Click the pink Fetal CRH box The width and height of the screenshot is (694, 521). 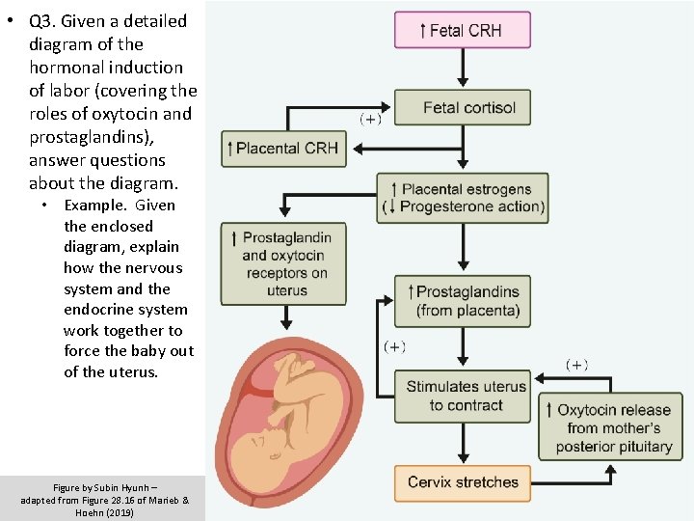pos(462,30)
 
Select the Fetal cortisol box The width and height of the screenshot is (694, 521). pos(462,108)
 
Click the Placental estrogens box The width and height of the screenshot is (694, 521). pos(462,198)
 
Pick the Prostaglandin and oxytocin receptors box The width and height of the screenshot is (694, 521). pos(286,263)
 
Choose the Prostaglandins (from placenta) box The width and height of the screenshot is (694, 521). pos(462,300)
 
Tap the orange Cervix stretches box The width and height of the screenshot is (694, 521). pos(462,482)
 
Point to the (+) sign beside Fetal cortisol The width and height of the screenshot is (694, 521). pos(370,120)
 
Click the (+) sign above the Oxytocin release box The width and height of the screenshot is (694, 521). pos(575,365)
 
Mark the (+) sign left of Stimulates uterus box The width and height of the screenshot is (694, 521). pos(395,345)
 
